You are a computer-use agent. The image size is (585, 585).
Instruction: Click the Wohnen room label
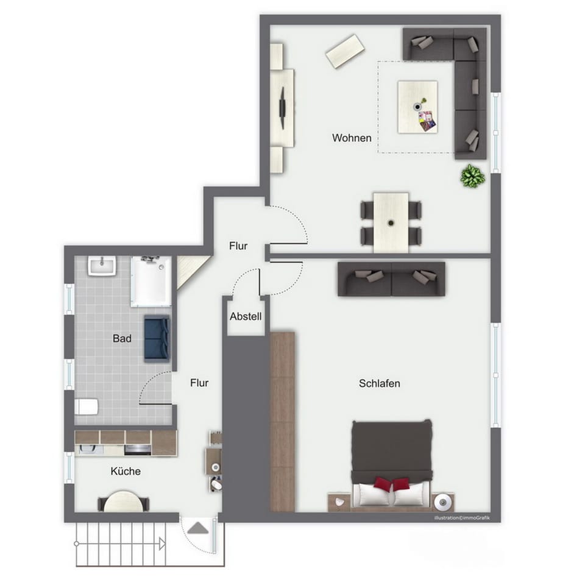(x=352, y=138)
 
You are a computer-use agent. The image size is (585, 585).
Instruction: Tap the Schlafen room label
(x=379, y=383)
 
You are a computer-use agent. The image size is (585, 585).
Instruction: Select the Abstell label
(x=246, y=317)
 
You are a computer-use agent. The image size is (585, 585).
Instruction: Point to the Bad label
(x=122, y=338)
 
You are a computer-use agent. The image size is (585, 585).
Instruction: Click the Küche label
(x=126, y=471)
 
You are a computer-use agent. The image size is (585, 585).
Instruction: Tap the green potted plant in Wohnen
(x=472, y=176)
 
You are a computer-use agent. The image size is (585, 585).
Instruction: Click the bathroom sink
(x=102, y=266)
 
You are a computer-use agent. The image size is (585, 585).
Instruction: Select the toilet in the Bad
(x=86, y=406)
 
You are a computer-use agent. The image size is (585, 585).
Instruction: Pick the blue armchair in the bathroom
(x=157, y=339)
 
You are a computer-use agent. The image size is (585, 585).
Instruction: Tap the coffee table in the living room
(x=417, y=107)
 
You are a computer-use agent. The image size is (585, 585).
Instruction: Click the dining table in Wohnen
(x=391, y=221)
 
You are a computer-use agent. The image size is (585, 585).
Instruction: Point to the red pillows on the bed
(x=392, y=484)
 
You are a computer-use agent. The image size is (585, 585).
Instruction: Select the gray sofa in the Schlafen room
(x=391, y=279)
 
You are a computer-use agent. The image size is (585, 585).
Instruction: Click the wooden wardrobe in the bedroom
(x=282, y=420)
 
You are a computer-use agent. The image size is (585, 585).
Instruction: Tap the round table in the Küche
(x=123, y=502)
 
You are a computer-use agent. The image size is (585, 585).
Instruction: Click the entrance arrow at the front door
(x=197, y=527)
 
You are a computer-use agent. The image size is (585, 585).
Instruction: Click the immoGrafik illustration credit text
(x=461, y=518)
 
